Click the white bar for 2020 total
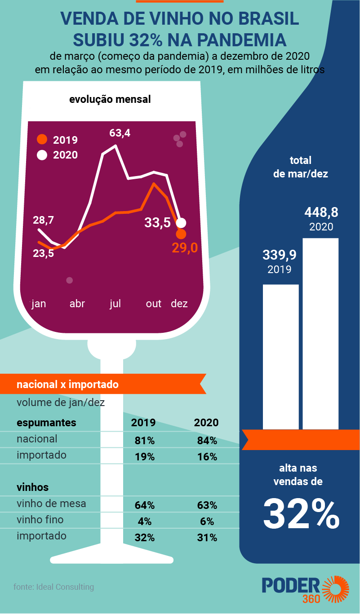320,334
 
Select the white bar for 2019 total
281,357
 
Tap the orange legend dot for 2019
42,140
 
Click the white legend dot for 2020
42,155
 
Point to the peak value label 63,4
120,133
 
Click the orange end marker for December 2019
181,234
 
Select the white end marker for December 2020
181,223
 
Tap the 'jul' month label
115,304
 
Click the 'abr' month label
77,304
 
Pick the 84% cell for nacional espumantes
207,441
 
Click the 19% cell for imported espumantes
144,457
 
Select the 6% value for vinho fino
207,521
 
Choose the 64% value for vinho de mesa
144,505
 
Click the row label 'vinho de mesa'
51,504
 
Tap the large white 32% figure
301,514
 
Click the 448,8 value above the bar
321,212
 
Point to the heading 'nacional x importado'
67,384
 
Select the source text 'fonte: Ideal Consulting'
54,587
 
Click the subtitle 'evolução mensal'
110,99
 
